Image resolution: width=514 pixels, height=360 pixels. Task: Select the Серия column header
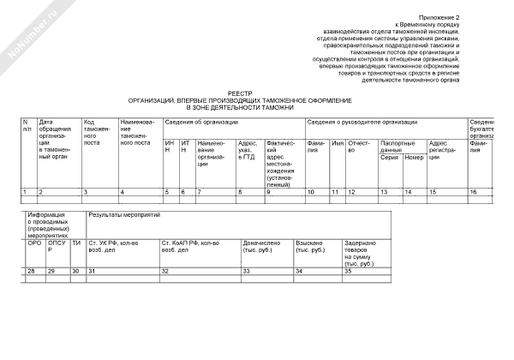(389, 158)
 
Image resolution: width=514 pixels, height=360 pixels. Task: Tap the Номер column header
(414, 158)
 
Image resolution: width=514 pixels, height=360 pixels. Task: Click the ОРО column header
(34, 243)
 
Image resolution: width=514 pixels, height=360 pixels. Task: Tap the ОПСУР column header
(56, 247)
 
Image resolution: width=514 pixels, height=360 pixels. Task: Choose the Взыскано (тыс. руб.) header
(314, 247)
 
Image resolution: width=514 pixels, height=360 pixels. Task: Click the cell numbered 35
(348, 271)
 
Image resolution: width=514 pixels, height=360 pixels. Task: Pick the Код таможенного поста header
(94, 132)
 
